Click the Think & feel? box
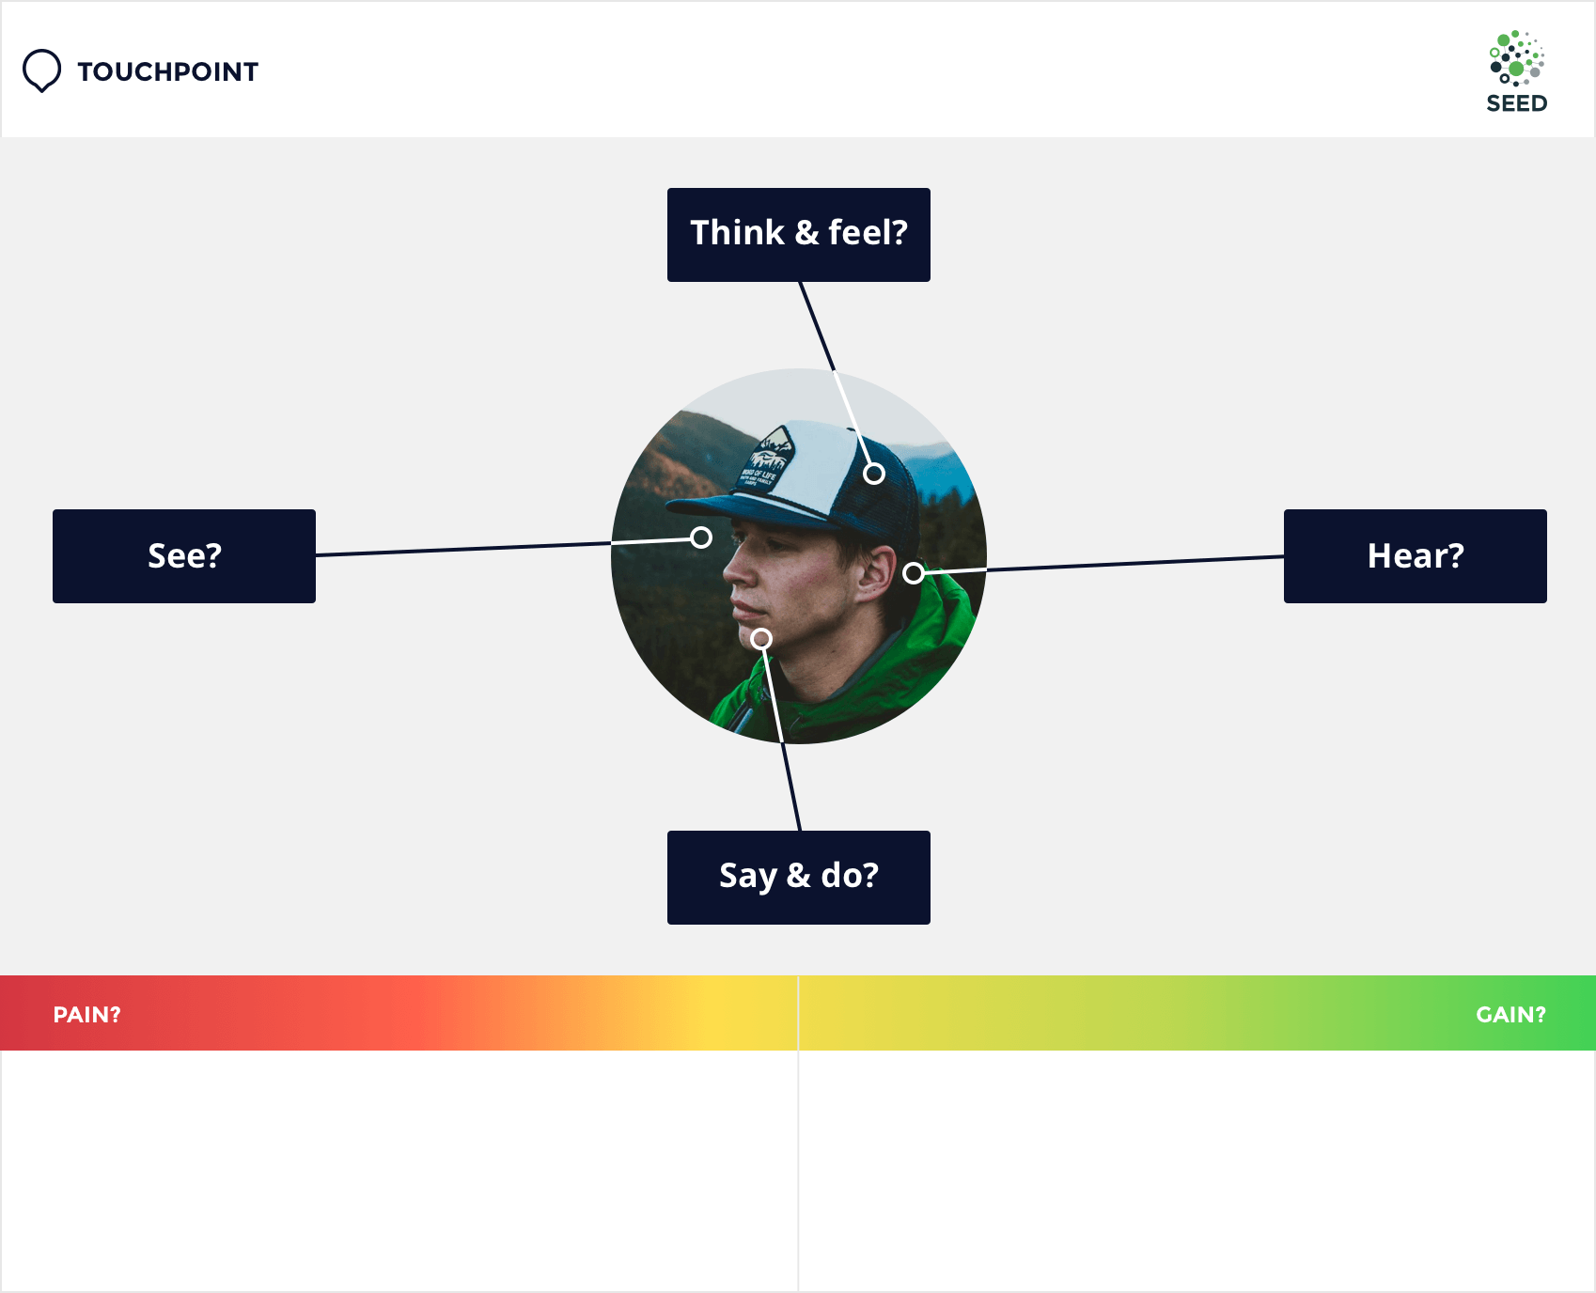point(799,235)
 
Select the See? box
point(184,556)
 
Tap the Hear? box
point(1416,556)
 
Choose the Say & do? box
point(799,878)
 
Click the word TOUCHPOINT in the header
point(167,71)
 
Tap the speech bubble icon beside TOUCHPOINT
point(41,70)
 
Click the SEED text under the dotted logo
point(1516,103)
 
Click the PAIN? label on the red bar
point(86,1015)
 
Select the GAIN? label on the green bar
point(1510,1015)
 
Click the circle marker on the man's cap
point(874,474)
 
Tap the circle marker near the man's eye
point(701,537)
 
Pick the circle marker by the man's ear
point(914,573)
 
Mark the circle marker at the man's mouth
point(761,639)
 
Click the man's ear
point(877,573)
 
